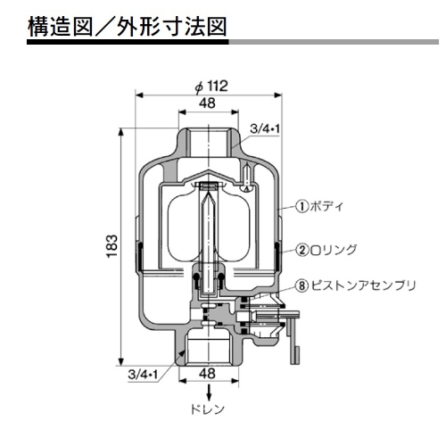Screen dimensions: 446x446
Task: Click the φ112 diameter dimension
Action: click(211, 87)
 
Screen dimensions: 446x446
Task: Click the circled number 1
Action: click(302, 205)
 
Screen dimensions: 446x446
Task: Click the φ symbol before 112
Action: click(197, 87)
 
